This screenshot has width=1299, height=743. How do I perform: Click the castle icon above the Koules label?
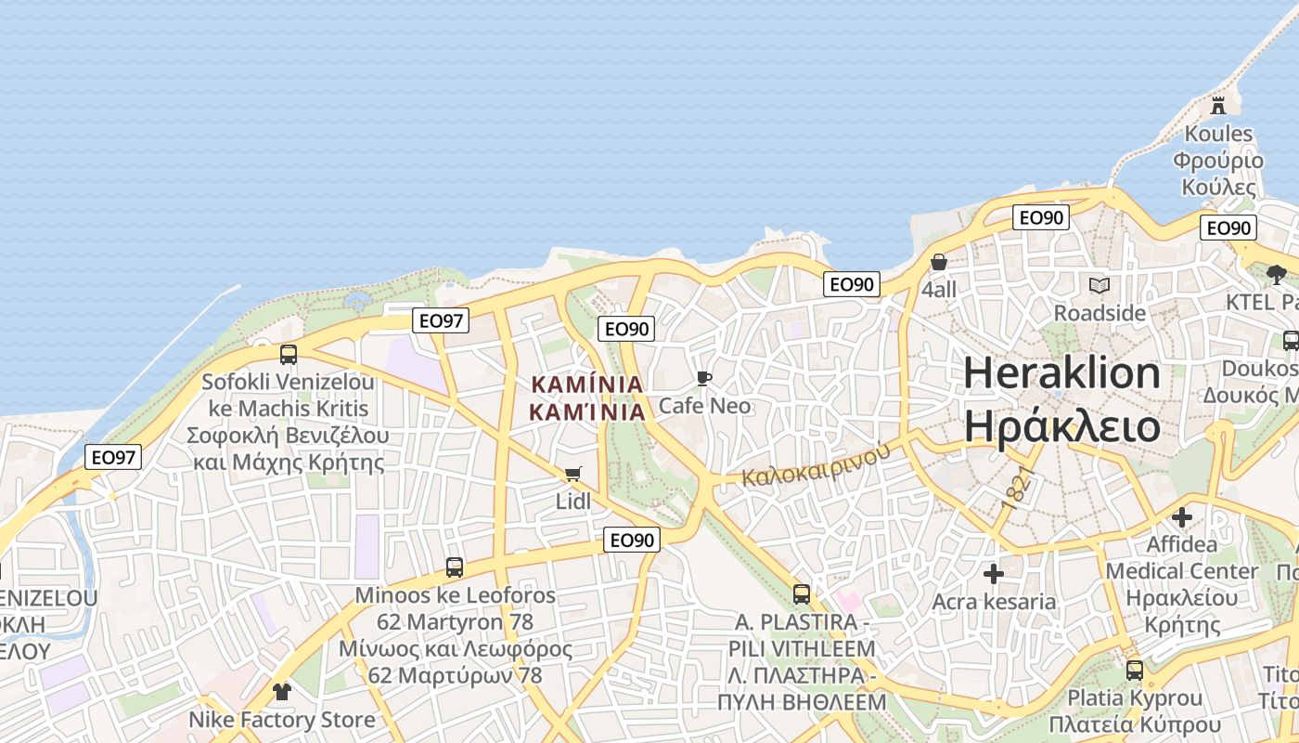tap(1218, 105)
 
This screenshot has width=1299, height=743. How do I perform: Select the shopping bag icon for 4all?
tap(939, 263)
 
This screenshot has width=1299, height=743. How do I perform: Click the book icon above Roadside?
tap(1100, 285)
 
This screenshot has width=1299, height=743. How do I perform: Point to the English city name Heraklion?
tap(1061, 373)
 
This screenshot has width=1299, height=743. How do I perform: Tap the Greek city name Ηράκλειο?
tap(1061, 425)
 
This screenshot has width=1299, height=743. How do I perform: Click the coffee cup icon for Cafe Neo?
tap(703, 378)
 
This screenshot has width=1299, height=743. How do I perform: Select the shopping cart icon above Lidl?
tap(573, 475)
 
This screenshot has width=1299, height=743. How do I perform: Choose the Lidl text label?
tap(573, 502)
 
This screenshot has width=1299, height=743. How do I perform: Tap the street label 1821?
tap(1018, 489)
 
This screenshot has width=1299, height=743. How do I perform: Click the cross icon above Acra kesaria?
tap(994, 574)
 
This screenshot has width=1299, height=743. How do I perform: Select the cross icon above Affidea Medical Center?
tap(1182, 516)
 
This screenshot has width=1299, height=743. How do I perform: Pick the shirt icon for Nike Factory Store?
tap(282, 691)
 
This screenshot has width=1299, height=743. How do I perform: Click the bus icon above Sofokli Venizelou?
tap(289, 354)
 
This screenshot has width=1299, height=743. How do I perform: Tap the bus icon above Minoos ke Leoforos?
tap(455, 567)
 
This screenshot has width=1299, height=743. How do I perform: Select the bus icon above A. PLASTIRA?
tap(802, 593)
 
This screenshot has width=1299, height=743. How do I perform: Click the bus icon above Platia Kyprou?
tap(1135, 670)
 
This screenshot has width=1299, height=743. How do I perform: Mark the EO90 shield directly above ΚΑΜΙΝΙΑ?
tap(627, 329)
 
